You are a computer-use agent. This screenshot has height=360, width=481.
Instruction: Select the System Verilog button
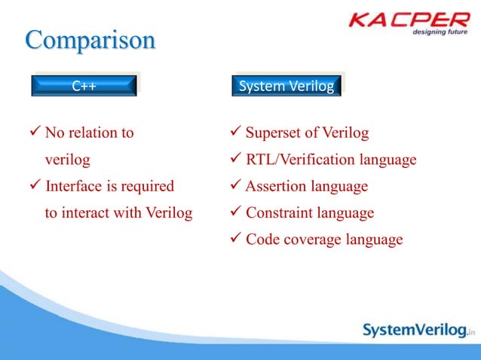coord(286,86)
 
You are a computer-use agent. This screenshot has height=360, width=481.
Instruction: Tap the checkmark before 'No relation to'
coord(35,133)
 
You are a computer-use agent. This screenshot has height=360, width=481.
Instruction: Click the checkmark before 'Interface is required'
coord(35,186)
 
